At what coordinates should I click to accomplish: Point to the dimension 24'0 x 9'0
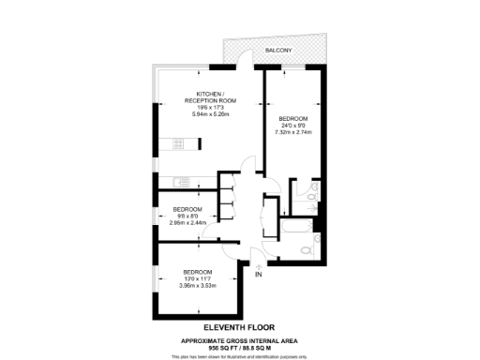point(292,125)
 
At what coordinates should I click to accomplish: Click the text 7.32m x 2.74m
point(292,132)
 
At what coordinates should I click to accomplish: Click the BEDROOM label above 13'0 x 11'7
point(197,272)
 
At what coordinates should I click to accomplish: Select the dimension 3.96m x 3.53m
point(197,287)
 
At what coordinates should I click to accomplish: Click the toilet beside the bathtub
point(307,249)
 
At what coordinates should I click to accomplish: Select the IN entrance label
point(259,275)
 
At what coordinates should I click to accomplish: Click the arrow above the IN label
point(258,266)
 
